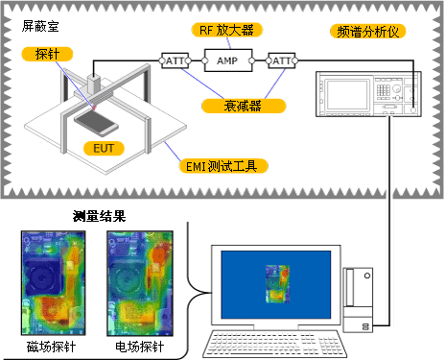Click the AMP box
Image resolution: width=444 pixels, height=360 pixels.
(227, 60)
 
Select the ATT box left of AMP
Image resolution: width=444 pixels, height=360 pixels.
(176, 60)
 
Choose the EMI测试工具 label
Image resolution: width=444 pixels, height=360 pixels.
(222, 166)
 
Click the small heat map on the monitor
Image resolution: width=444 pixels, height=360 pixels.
(276, 283)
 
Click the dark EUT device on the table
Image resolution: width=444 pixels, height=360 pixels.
(99, 121)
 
